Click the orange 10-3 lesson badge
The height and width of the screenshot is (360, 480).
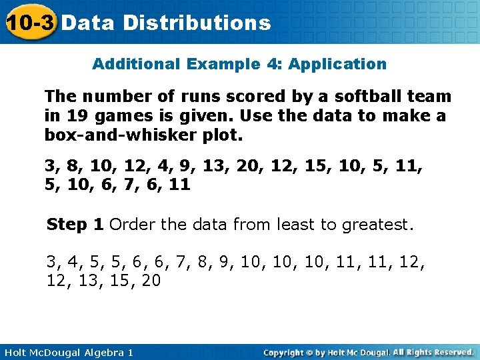29,22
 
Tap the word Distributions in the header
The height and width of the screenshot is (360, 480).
197,23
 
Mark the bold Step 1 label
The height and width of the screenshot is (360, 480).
75,225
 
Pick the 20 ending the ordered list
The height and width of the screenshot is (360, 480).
151,281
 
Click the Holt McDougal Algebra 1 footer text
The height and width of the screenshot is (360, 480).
67,352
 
